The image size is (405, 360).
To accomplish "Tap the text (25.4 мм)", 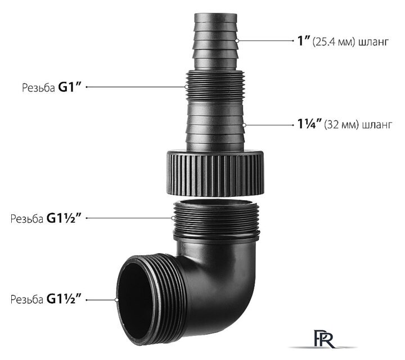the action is tap(332, 42).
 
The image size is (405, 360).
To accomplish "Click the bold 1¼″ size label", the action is tap(309, 124).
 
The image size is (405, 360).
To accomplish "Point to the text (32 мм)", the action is tap(341, 125).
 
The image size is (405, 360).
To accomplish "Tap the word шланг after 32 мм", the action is tap(377, 125).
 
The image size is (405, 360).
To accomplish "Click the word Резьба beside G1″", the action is tap(38, 88).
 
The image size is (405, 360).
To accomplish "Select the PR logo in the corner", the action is tap(323, 338).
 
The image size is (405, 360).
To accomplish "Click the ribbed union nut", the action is tap(215, 172).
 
